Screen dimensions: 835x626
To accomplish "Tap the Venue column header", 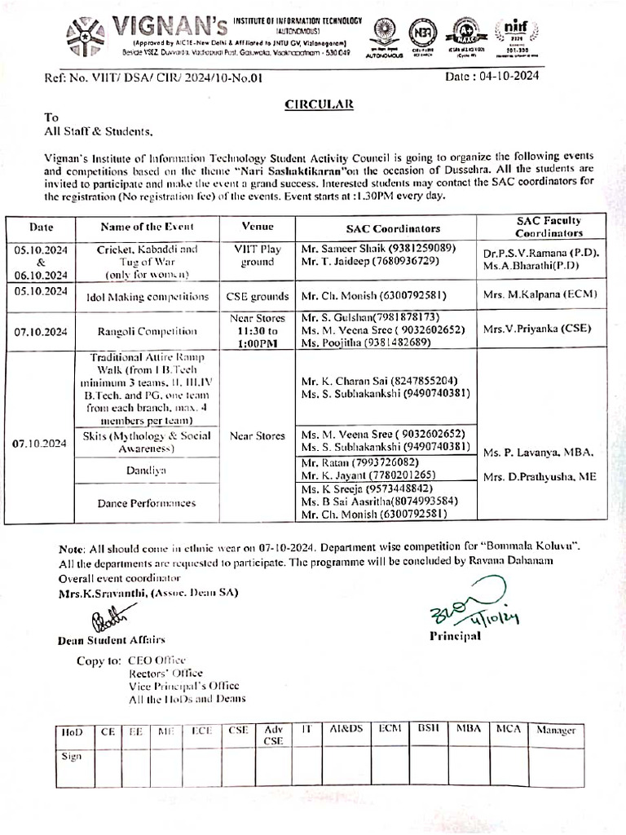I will tap(258, 227).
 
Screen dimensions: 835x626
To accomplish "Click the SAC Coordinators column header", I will tap(387, 228).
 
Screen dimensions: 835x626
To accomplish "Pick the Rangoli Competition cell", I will tap(147, 331).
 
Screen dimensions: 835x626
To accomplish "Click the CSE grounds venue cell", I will tap(258, 297).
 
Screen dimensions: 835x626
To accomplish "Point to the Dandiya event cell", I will tap(147, 471).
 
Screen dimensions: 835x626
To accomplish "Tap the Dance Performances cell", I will tap(147, 503).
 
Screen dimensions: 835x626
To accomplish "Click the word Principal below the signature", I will tap(455, 636).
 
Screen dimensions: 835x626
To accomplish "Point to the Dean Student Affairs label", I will tap(112, 640).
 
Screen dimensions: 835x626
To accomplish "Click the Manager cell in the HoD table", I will tap(555, 731).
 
